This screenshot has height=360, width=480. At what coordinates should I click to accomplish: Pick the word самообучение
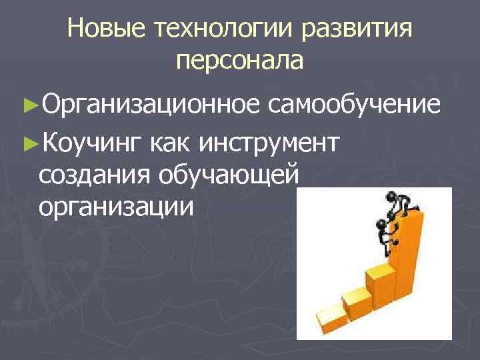point(355,105)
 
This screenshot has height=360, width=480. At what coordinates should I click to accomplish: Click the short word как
point(173,141)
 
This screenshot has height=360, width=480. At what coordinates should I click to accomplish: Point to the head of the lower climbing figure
point(383,224)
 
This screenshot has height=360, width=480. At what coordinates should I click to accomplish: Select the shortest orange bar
point(330,313)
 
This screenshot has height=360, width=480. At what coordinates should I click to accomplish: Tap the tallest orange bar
point(409,260)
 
